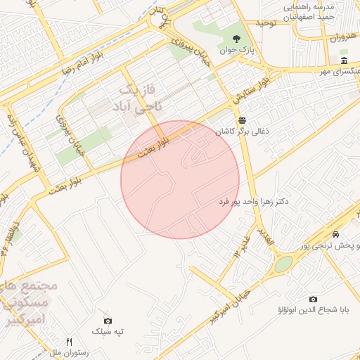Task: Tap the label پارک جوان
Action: coord(236,51)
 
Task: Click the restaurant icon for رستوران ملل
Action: coord(69,342)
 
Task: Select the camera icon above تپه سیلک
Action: coord(107,321)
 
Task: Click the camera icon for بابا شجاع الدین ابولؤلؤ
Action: coord(312,299)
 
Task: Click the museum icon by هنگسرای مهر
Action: coord(343,60)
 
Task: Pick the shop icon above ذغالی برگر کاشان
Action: coord(242,120)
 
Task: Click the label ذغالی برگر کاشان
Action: coord(241,132)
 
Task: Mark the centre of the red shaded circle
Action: coord(181,179)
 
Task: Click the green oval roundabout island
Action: coord(283,264)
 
